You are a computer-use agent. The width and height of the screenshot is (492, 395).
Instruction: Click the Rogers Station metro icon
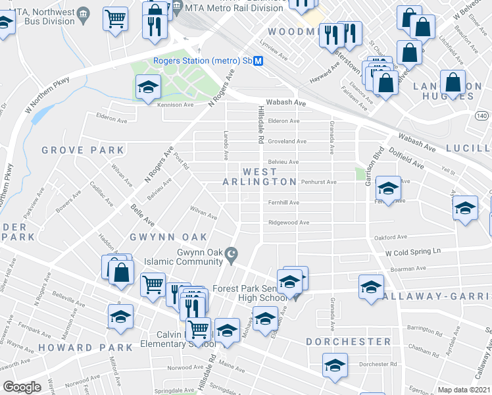coord(258,61)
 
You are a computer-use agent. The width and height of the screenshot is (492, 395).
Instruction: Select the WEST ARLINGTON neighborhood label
coord(259,176)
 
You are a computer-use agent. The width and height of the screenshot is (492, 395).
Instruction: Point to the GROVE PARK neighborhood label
coord(73,150)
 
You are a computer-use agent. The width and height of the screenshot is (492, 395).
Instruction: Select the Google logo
coord(22,386)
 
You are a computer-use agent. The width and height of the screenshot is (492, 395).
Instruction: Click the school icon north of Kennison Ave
coord(149,87)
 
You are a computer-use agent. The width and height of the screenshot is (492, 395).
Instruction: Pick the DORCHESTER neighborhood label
coord(348,342)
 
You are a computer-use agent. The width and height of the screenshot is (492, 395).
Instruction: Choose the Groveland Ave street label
coord(287,141)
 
